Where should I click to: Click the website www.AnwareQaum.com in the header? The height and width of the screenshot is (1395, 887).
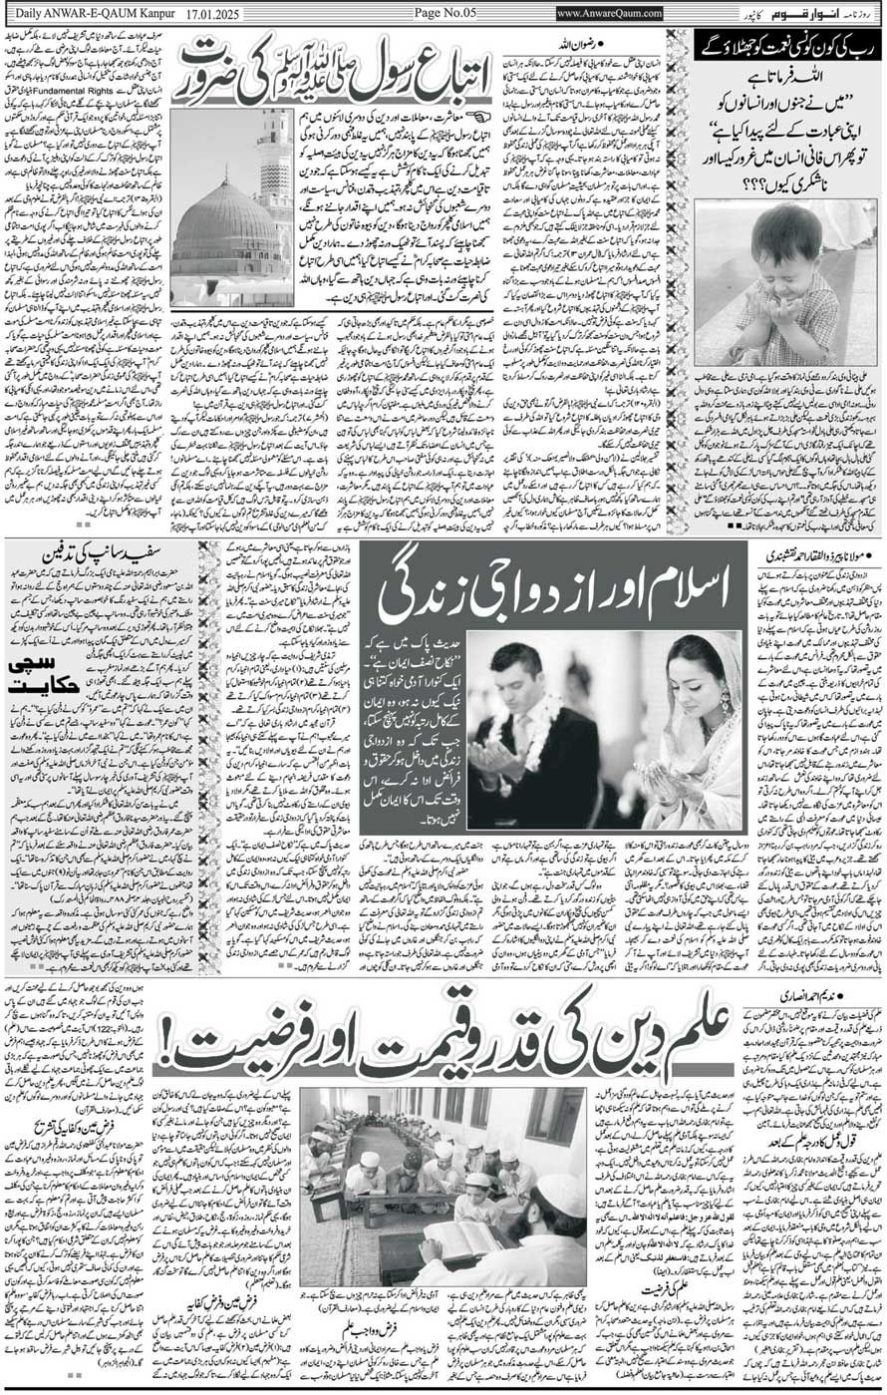609,12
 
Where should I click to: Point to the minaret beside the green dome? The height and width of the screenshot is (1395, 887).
275,170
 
